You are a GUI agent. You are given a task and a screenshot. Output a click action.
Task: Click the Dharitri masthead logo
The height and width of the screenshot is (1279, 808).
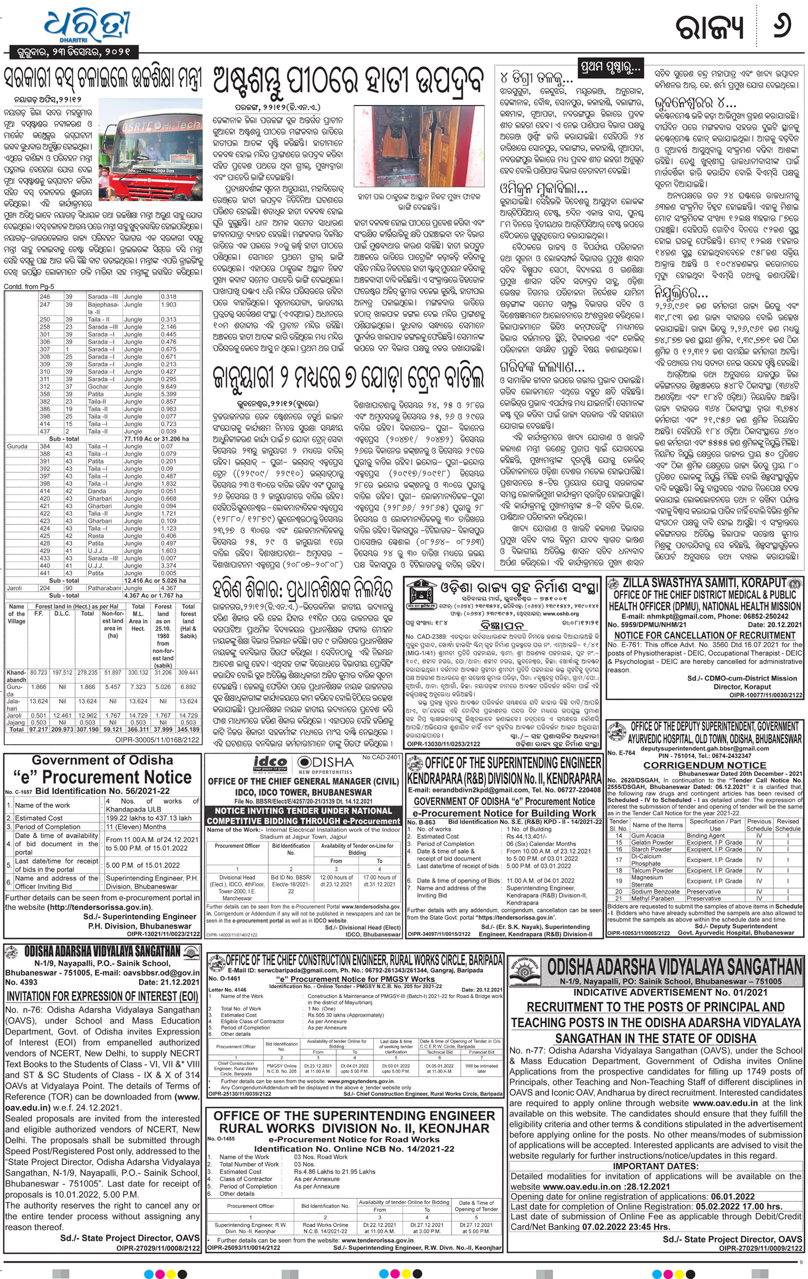click(x=73, y=25)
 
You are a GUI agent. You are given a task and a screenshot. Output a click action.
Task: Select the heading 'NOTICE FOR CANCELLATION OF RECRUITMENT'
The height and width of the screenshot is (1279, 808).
click(x=705, y=635)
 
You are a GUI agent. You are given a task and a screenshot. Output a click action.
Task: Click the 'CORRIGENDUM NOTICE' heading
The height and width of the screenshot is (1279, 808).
click(x=704, y=765)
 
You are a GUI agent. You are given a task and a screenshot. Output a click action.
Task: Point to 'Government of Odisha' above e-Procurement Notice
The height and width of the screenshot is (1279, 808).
click(x=102, y=760)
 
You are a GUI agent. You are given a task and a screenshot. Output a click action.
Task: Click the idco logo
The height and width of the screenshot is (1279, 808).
click(x=268, y=762)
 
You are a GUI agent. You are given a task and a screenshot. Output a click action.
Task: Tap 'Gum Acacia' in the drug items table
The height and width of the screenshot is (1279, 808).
click(x=644, y=836)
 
